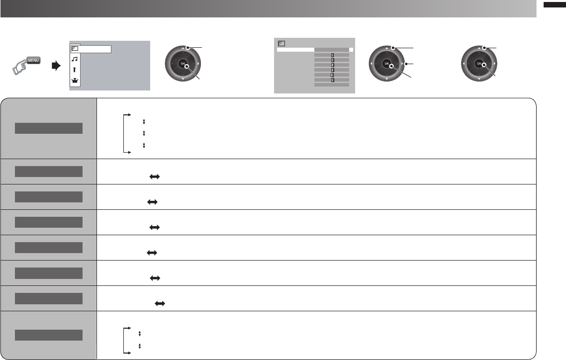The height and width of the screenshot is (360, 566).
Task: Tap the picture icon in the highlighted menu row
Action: click(x=75, y=49)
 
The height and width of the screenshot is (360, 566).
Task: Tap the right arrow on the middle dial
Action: click(x=401, y=64)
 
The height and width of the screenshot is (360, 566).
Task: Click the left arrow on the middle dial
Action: click(x=372, y=64)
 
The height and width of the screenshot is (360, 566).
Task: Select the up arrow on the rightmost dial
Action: click(x=478, y=48)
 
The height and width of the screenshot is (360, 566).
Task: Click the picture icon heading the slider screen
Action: click(x=281, y=43)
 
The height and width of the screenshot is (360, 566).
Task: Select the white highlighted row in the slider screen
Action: click(x=315, y=50)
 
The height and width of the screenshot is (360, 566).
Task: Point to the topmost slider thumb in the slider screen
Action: click(x=332, y=55)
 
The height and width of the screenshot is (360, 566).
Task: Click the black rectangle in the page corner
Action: click(x=553, y=5)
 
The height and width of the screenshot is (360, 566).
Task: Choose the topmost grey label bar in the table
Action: click(x=48, y=128)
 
